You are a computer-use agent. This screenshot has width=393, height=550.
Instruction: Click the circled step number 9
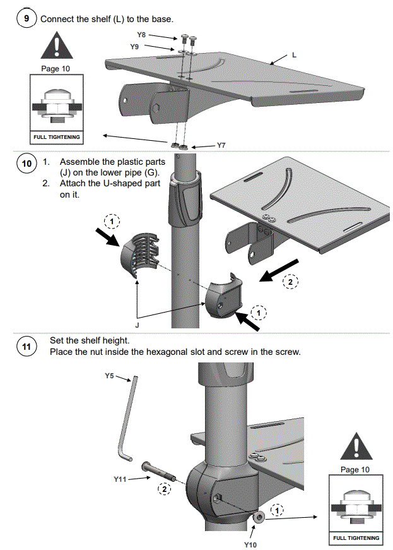pos(26,18)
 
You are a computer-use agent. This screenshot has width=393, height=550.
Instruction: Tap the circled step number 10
pos(26,164)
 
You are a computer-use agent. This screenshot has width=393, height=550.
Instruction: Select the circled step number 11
pos(26,347)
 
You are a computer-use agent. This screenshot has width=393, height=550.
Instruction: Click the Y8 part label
pos(141,35)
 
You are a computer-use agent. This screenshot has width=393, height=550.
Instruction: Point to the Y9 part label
pos(134,47)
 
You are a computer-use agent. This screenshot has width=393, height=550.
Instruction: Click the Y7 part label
pos(221,145)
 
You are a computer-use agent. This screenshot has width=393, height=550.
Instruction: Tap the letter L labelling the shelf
pos(294,55)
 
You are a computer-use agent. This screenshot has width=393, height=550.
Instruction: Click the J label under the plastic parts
pos(137,325)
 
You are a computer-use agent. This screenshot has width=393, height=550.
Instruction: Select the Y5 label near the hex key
pos(109,376)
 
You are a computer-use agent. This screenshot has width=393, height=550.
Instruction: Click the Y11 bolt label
pos(120,479)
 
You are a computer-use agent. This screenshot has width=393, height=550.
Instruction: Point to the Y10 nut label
pos(250,544)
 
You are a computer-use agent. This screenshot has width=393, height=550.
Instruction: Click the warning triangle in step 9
pos(57,45)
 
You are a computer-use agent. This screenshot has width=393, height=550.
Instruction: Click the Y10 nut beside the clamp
pos(259,517)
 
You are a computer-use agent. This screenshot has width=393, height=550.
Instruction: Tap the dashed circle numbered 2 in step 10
pos(290,282)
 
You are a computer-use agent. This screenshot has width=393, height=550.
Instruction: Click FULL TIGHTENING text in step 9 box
pos(57,137)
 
